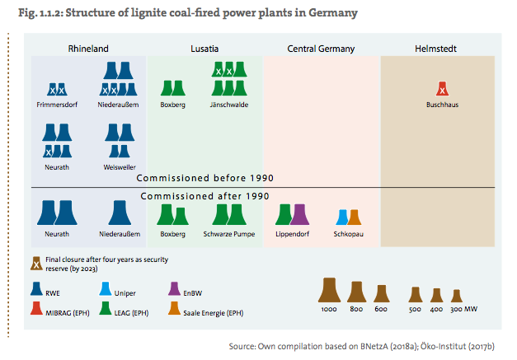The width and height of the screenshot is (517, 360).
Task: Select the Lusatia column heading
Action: tap(205, 49)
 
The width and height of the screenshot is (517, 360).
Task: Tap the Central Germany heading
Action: tap(321, 49)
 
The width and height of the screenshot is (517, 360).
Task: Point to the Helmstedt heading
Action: tap(436, 49)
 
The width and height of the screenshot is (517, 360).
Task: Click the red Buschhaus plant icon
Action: tap(443, 89)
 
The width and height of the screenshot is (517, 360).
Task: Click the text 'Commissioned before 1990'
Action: tap(204, 178)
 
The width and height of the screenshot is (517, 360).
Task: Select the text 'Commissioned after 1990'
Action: tap(204, 196)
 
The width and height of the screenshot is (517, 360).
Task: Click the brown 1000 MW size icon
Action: tap(330, 290)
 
